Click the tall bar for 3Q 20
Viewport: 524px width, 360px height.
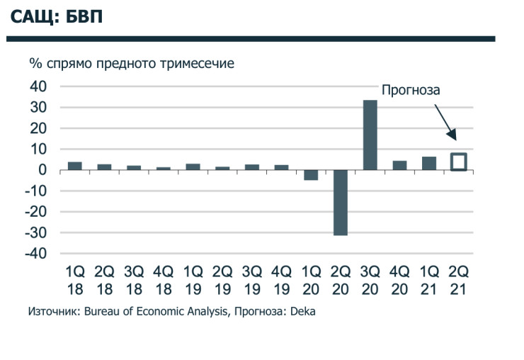coord(370,135)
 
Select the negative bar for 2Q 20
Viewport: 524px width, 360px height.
coord(341,202)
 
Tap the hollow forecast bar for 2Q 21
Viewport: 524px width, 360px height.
coord(459,162)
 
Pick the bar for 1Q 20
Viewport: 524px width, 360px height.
coord(311,175)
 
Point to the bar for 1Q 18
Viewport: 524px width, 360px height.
coord(74,166)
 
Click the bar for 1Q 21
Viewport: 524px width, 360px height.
coord(429,164)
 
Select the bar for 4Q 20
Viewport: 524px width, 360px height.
coord(399,166)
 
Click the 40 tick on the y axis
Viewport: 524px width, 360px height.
coord(38,86)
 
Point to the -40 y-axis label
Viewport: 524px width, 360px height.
coord(35,254)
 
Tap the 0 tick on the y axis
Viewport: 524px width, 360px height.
coord(42,170)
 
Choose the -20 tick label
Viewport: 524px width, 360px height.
coord(35,212)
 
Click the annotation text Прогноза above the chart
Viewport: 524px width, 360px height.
coord(411,91)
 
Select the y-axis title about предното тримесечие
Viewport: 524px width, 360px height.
coord(132,63)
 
